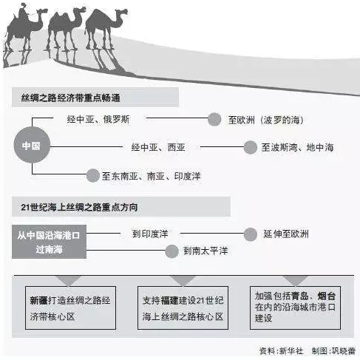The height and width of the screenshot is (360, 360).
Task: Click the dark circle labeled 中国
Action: click(32, 145)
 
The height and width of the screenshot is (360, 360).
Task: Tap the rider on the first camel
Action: click(23, 13)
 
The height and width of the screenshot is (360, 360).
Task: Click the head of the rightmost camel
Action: click(121, 12)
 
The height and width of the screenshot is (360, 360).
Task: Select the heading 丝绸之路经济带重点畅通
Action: click(70, 98)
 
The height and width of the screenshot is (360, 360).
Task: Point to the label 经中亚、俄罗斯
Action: click(98, 119)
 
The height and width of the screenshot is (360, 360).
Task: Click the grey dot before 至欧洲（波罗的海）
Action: click(214, 120)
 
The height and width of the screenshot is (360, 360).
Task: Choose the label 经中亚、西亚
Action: click(158, 147)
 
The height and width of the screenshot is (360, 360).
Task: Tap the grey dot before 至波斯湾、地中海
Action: click(251, 147)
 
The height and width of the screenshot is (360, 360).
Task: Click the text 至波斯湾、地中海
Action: click(297, 147)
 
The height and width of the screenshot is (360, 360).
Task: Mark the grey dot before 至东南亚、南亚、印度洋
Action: click(92, 176)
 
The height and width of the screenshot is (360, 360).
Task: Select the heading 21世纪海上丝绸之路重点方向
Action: click(79, 207)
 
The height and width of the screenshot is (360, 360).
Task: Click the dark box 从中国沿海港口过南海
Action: click(49, 242)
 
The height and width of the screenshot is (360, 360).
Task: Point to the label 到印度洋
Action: click(150, 234)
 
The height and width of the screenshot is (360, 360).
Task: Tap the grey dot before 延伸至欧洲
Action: click(251, 234)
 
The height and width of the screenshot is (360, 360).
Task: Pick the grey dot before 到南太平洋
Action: click(171, 251)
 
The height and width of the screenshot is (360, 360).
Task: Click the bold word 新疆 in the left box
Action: click(38, 301)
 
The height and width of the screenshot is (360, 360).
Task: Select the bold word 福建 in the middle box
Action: click(169, 301)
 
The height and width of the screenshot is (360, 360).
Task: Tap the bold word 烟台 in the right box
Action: click(327, 296)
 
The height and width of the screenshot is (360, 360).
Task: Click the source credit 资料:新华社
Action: click(281, 350)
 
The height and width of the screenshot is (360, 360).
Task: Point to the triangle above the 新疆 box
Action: click(69, 280)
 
